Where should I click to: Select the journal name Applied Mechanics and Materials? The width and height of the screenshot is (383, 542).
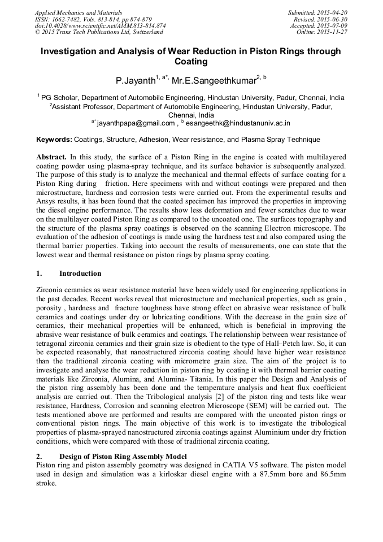point(79,12)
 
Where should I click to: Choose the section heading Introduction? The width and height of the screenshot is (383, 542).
point(80,274)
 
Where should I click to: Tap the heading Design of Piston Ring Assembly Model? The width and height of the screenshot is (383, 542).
point(123,456)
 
